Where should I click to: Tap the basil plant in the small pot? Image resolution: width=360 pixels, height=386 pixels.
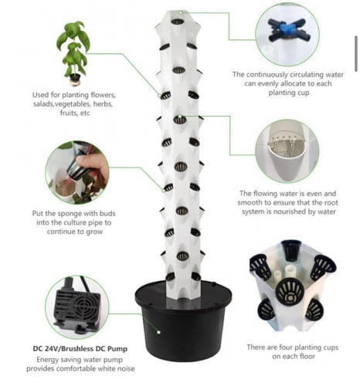tap(73, 52)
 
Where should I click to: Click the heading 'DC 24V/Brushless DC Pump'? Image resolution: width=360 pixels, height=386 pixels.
tap(80, 349)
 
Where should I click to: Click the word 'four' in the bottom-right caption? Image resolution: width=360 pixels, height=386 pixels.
tap(286, 347)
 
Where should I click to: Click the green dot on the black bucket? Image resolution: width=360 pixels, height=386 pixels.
tap(159, 332)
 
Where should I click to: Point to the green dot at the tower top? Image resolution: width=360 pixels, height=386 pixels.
tap(181, 12)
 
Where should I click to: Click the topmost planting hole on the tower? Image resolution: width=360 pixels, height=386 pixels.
tap(178, 22)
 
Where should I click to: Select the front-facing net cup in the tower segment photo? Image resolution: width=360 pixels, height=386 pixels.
tap(290, 292)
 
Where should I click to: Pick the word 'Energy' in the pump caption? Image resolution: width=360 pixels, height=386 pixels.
tap(46, 360)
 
